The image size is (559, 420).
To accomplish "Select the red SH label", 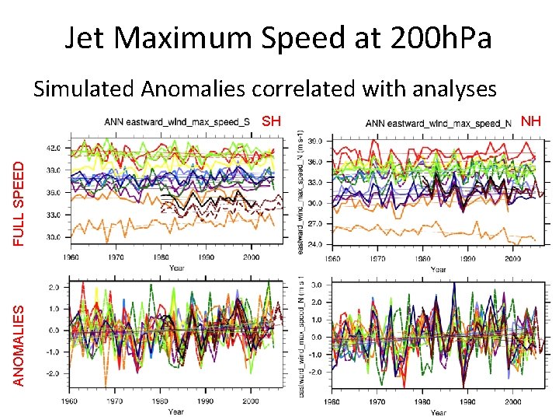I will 270,121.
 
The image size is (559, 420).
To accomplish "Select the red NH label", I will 531,121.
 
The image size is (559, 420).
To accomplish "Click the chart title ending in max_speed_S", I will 177,121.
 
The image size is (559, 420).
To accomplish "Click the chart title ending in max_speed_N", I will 438,121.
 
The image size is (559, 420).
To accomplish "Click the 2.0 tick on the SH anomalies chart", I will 56,288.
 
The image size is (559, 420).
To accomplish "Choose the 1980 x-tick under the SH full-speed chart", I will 159,257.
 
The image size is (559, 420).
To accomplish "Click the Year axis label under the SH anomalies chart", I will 177,411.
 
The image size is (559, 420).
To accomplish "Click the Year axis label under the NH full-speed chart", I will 439,269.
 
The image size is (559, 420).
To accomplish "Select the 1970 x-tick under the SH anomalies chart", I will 114,402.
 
